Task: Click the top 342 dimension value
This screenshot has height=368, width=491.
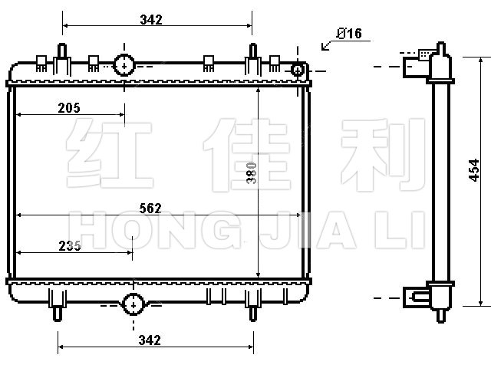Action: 151,20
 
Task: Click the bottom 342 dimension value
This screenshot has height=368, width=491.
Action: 150,340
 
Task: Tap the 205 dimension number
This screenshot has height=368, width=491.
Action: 69,108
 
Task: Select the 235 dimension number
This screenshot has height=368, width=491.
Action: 70,246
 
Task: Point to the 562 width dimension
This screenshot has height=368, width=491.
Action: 150,208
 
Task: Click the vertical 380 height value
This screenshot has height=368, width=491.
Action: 252,173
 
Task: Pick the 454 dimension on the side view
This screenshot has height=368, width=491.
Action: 474,170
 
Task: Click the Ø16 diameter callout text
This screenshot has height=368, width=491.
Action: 349,34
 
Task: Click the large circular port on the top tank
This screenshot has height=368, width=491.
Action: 124,65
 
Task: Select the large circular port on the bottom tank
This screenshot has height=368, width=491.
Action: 133,304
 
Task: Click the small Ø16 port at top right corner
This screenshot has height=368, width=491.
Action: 297,70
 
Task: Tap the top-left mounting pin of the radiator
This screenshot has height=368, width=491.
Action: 62,51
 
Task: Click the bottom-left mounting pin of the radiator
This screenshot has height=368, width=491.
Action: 58,314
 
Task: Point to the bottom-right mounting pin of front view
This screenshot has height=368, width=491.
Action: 253,314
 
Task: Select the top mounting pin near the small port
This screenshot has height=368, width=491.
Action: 253,51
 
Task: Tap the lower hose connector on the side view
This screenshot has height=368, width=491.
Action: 415,297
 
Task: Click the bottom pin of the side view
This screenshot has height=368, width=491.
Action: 441,316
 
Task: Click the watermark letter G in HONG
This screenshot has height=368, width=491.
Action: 219,230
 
